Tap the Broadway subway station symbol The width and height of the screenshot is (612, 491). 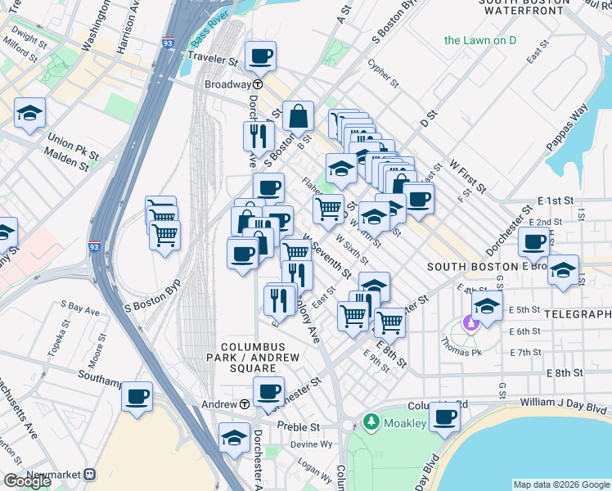pos(258,84)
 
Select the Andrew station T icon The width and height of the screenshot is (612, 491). pos(245,404)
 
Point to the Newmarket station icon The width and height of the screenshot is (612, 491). pos(89,474)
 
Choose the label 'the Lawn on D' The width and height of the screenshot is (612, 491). pos(479,39)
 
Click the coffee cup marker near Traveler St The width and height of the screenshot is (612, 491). pos(261,56)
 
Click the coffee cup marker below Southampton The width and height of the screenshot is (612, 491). pos(137,396)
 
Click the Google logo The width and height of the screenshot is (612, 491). pos(27,481)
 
